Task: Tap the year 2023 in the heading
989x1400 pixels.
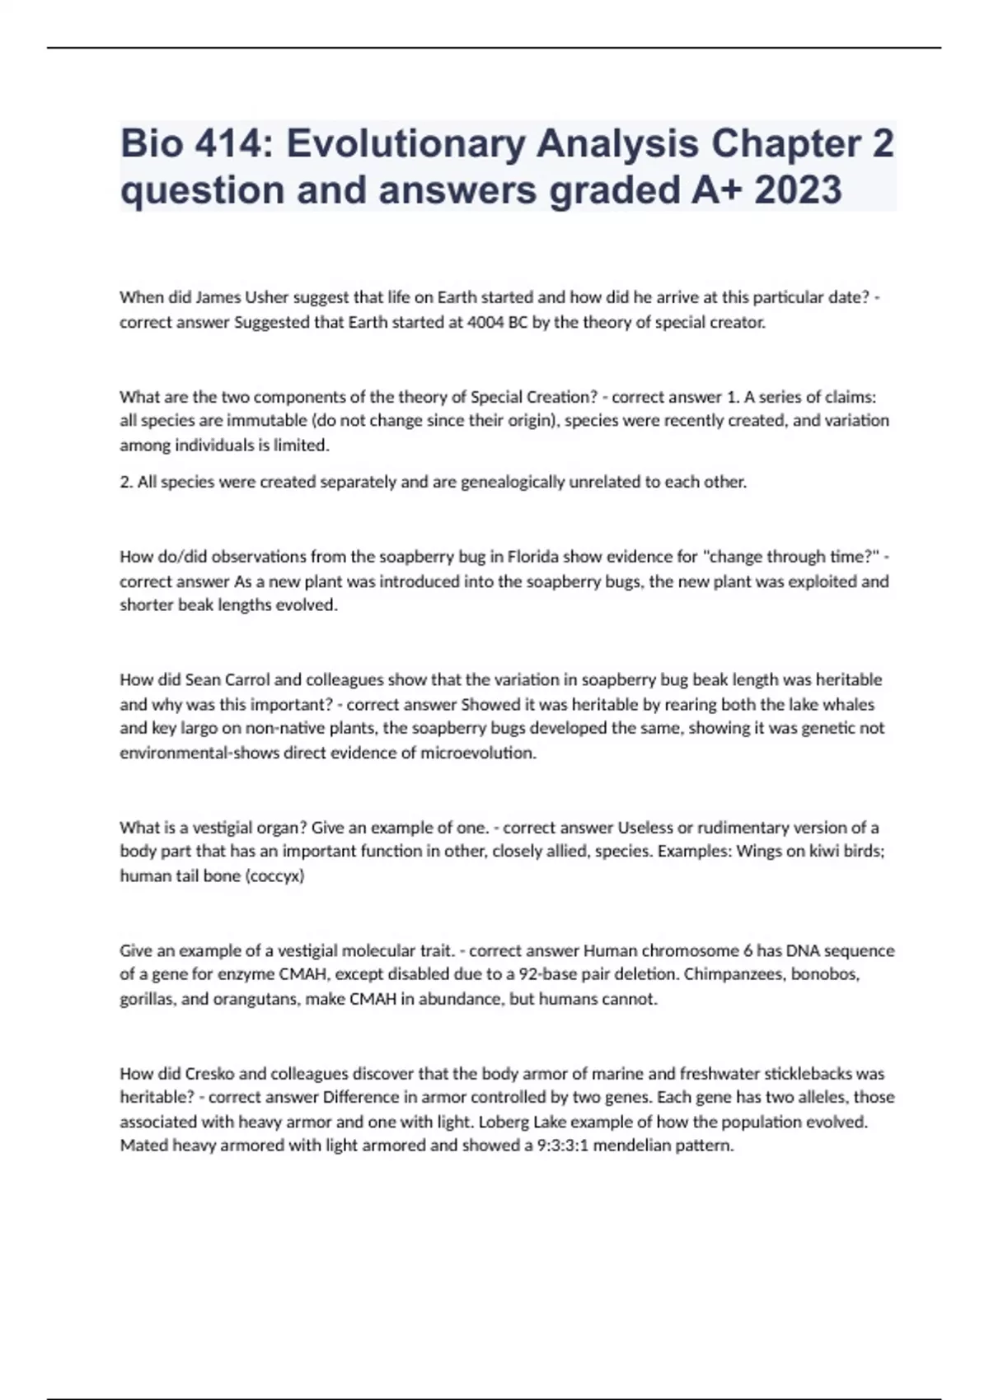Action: pos(798,190)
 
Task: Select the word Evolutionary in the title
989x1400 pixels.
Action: pos(406,144)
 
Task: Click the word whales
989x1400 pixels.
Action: pos(849,704)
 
